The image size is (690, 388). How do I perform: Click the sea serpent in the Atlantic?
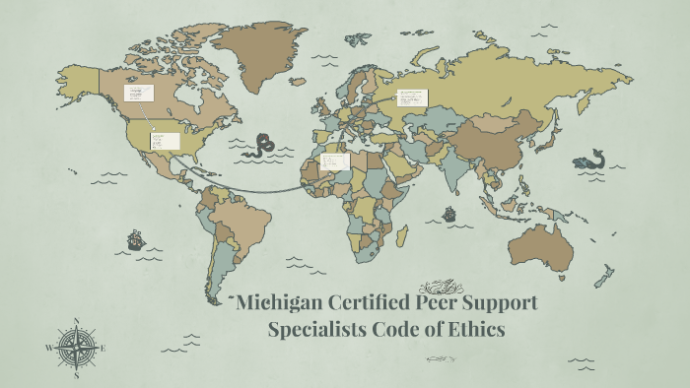click(263, 146)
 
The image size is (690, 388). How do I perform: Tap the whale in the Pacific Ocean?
click(589, 160)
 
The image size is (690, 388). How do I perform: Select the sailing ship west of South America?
click(136, 239)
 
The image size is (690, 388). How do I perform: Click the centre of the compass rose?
click(76, 348)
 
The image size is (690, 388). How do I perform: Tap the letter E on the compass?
click(103, 348)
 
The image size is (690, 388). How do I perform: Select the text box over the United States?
click(165, 141)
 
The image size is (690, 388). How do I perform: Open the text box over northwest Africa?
click(335, 161)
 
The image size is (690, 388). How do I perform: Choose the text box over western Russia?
click(412, 97)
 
